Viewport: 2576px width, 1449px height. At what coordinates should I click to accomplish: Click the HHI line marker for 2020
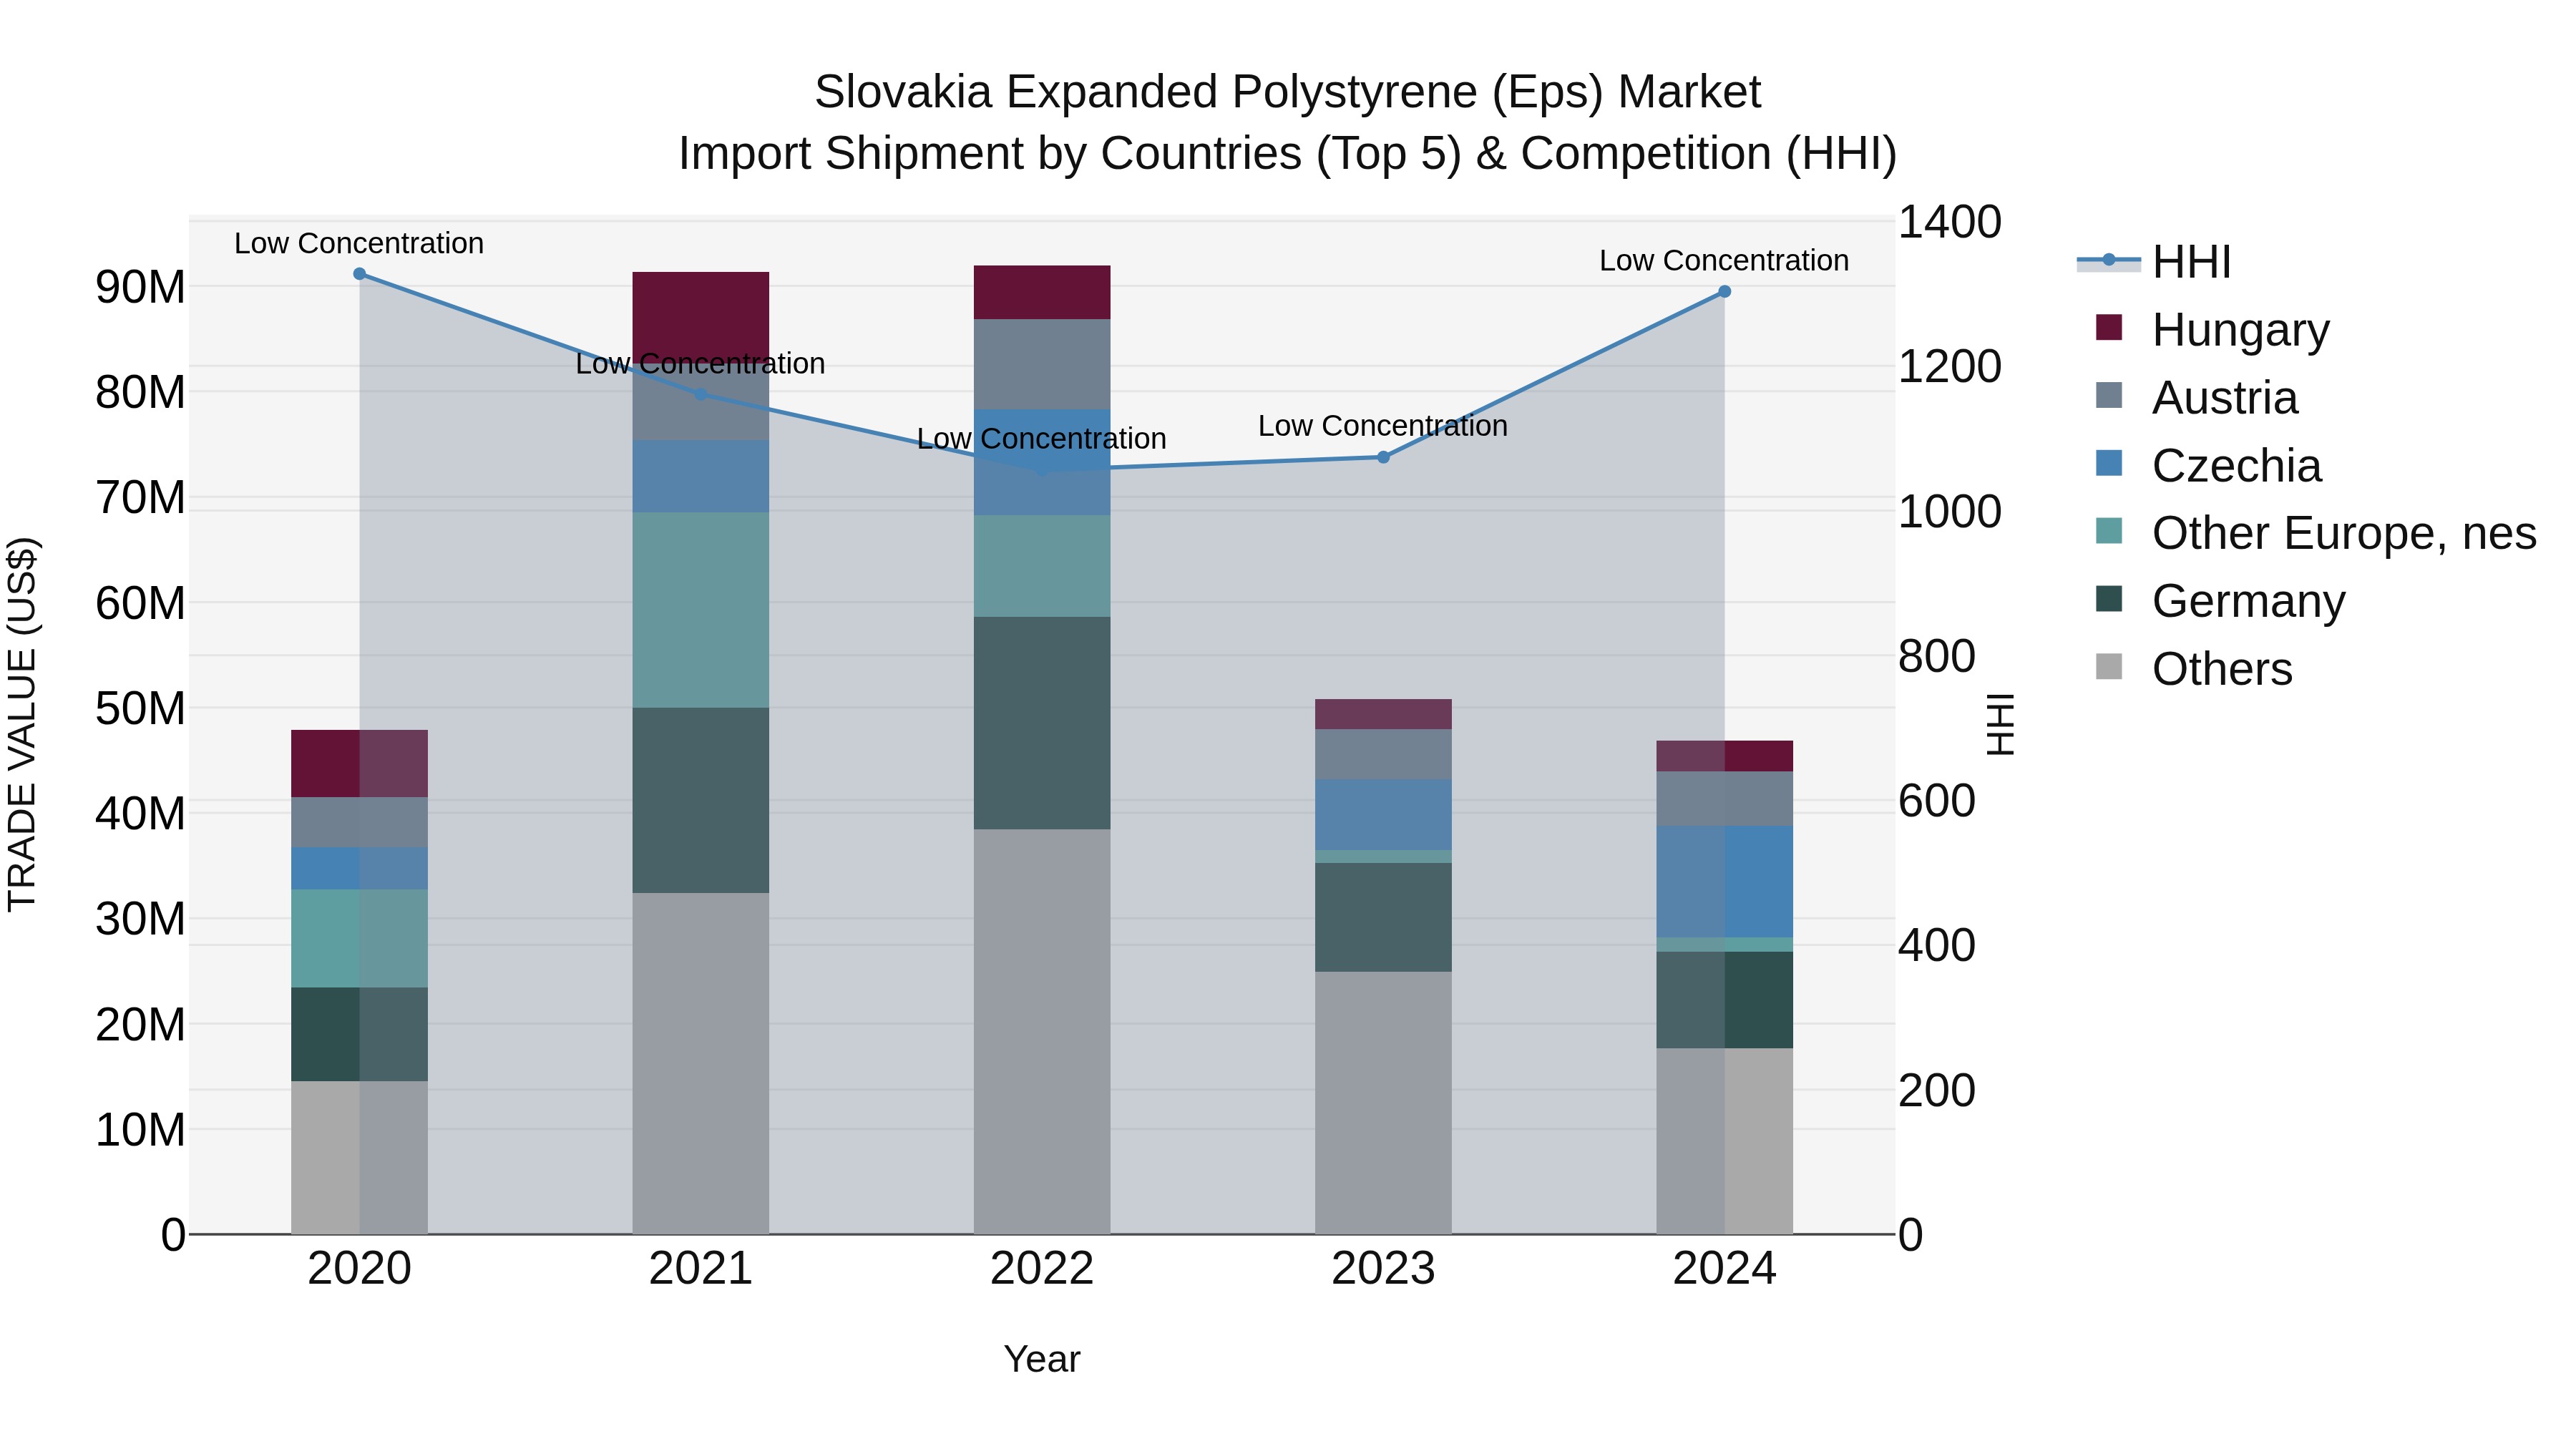(x=359, y=274)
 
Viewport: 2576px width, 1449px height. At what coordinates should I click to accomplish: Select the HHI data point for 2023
(x=1383, y=457)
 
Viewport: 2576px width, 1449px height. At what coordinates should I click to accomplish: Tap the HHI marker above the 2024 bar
(x=1724, y=292)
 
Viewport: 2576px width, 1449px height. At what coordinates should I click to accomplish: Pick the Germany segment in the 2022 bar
(x=1041, y=722)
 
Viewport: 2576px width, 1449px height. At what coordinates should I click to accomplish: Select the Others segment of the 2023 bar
(x=1383, y=1102)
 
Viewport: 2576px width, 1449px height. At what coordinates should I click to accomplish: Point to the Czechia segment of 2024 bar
(x=1724, y=881)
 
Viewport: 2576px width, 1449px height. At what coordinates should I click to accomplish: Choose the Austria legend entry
(x=2224, y=398)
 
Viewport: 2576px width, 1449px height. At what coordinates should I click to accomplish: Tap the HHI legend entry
(x=2190, y=262)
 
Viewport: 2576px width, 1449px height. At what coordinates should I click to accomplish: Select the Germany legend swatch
(x=2109, y=599)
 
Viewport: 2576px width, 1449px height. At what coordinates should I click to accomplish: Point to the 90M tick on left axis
(x=140, y=288)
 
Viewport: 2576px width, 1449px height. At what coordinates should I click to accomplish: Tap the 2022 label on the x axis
(x=1041, y=1269)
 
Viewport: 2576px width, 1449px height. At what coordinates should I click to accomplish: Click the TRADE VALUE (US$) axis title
(x=22, y=724)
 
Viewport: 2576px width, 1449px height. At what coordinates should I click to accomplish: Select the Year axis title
(x=1041, y=1359)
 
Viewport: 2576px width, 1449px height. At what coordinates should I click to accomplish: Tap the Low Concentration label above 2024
(x=1723, y=260)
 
